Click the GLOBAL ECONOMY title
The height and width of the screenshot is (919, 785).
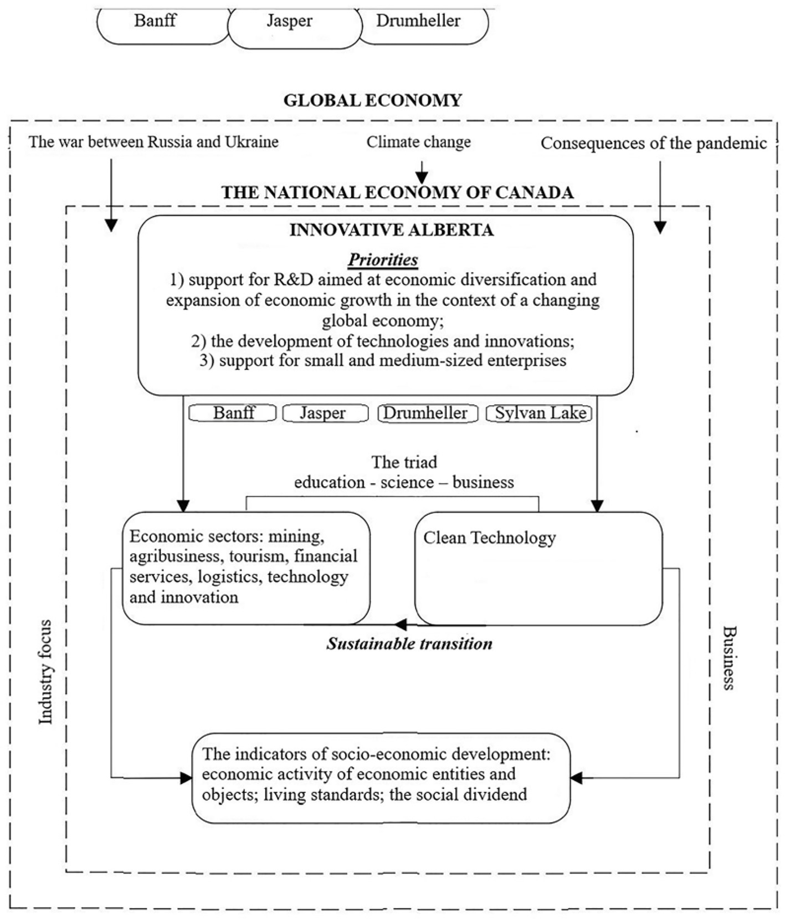point(372,100)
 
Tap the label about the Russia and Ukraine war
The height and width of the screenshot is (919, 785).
point(153,142)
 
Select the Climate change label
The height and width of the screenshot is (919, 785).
point(418,142)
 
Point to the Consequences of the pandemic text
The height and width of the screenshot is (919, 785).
point(654,144)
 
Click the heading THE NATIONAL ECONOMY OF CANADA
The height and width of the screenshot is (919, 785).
point(397,192)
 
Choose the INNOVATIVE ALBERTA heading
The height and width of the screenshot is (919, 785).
point(391,229)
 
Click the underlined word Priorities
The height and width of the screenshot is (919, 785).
point(383,259)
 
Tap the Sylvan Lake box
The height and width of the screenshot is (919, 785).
point(540,413)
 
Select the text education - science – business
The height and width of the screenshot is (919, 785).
point(404,482)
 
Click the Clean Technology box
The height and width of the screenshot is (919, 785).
point(538,568)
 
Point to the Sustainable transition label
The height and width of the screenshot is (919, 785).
point(409,644)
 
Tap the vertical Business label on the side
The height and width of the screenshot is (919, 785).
point(728,657)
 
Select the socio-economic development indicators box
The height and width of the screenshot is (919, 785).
point(381,778)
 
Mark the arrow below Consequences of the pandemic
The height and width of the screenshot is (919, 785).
point(660,197)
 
